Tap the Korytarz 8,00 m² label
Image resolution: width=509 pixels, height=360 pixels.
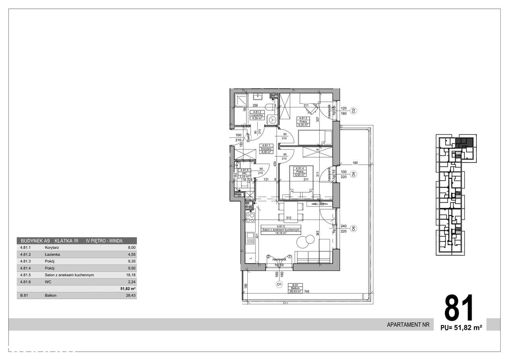(x=265, y=148)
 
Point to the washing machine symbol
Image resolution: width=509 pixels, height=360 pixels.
(x=272, y=119)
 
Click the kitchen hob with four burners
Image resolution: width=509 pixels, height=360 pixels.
(x=251, y=217)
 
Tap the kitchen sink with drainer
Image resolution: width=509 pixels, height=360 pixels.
(x=251, y=238)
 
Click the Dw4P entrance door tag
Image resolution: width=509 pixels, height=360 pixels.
(x=248, y=138)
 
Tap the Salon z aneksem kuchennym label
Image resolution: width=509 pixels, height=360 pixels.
(x=281, y=230)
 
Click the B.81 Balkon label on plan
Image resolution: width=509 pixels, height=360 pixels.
(x=296, y=288)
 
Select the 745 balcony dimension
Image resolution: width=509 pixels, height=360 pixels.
(x=307, y=291)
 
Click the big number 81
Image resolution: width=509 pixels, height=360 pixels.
(x=459, y=308)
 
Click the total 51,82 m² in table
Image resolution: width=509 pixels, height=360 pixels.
(x=128, y=289)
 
